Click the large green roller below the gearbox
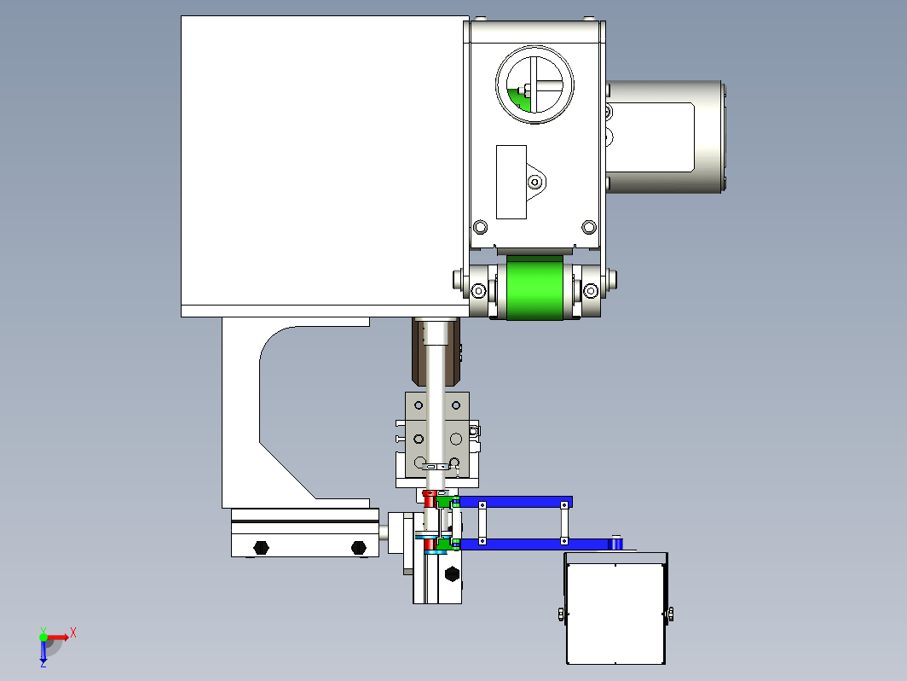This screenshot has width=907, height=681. [x=534, y=288]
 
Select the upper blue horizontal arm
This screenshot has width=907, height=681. [x=514, y=502]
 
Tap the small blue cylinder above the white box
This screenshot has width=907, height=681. [x=616, y=543]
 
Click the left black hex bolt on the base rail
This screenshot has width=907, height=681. [x=261, y=547]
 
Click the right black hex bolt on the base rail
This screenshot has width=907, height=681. [x=359, y=547]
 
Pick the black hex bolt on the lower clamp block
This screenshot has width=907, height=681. [x=453, y=573]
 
